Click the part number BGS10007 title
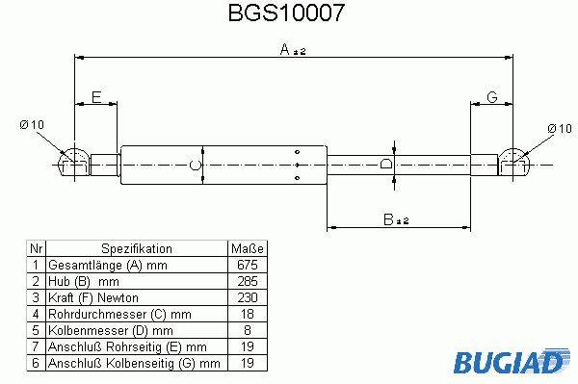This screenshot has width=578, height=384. (x=286, y=13)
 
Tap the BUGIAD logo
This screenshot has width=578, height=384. (x=512, y=361)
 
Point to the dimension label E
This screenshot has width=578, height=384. (x=96, y=97)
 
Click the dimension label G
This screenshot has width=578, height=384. (x=492, y=97)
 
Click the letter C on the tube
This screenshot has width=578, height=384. (x=195, y=165)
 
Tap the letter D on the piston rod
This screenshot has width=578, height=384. (x=385, y=163)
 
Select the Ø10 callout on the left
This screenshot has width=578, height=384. (x=32, y=125)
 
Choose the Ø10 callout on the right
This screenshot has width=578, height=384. (x=560, y=129)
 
